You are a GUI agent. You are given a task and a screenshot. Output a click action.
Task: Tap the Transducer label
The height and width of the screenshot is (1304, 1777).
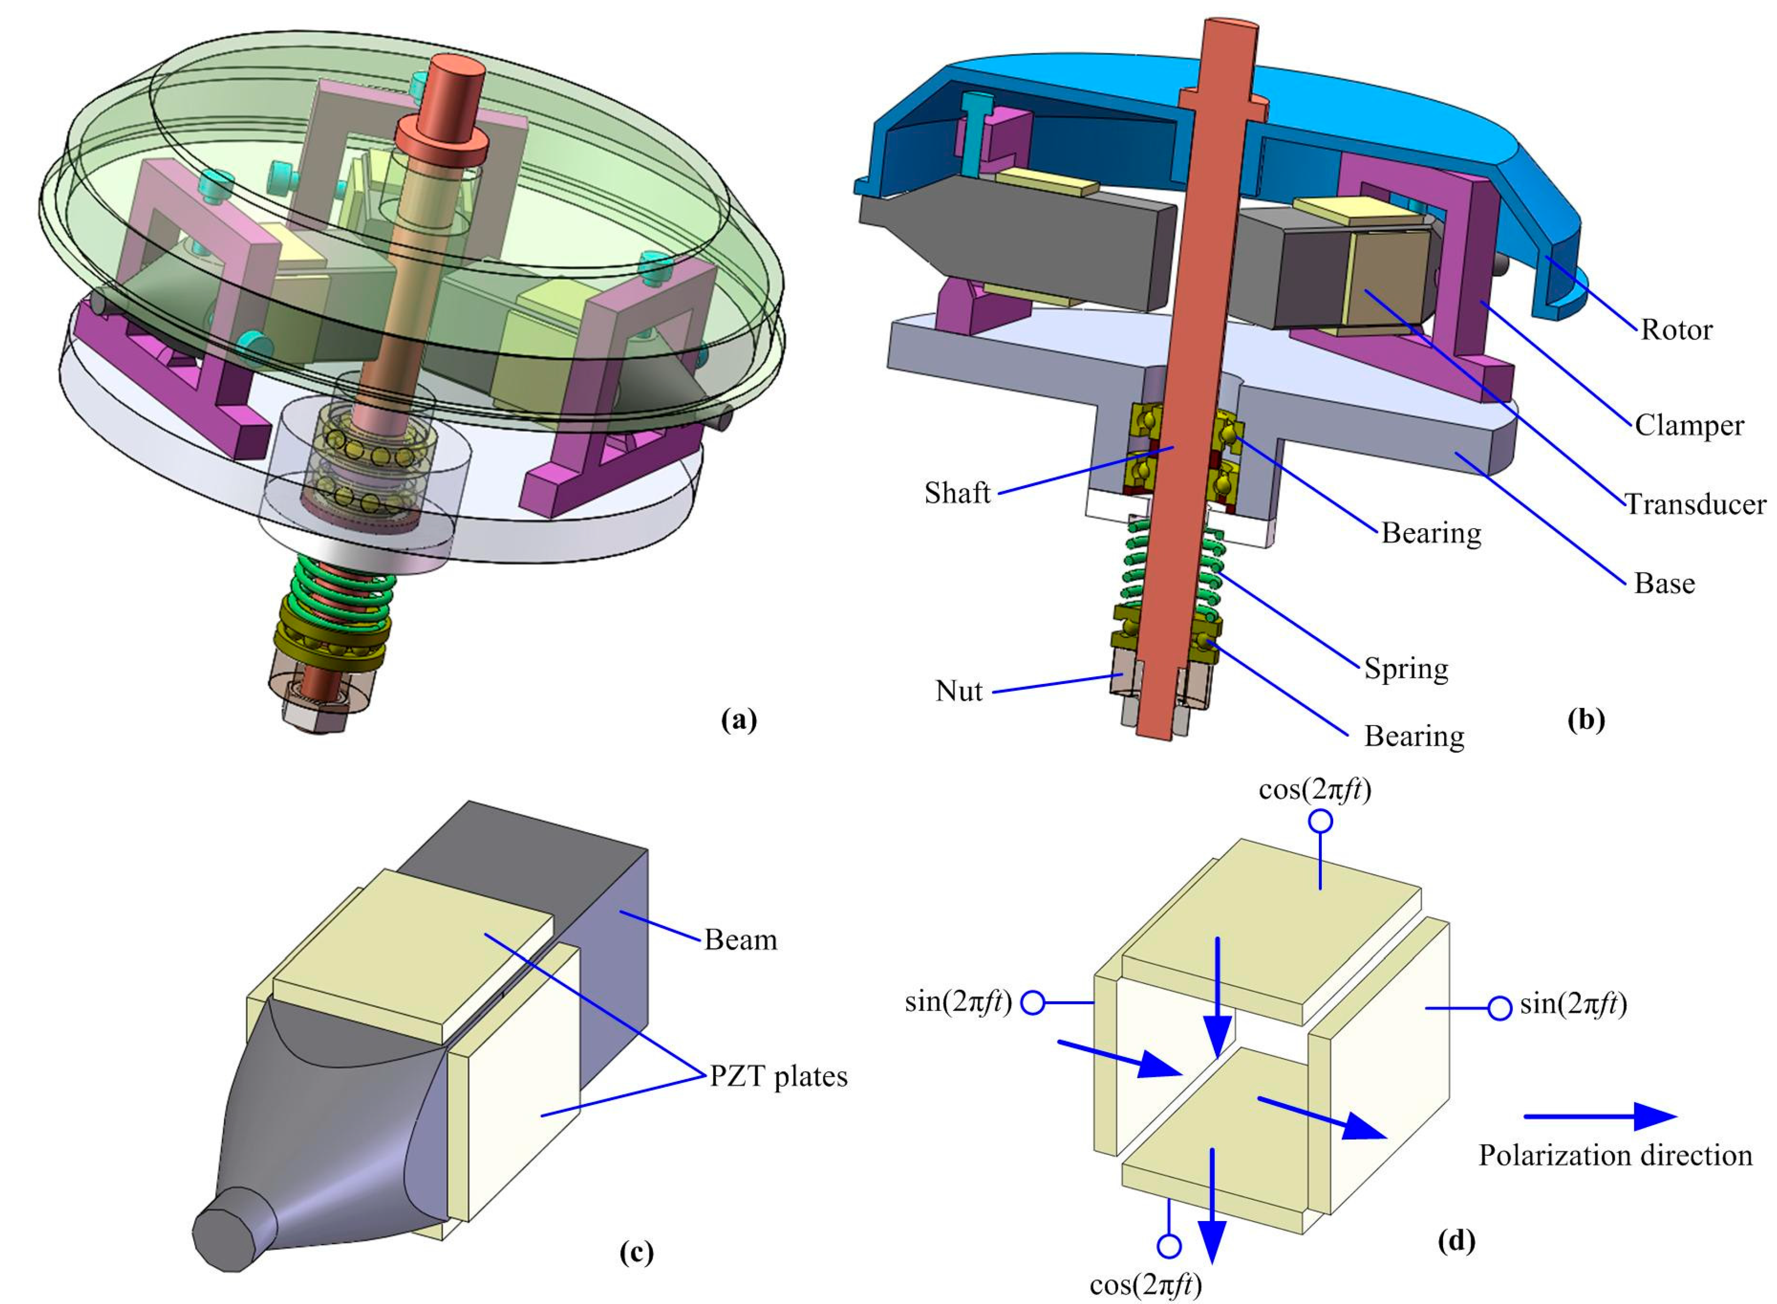pos(1695,504)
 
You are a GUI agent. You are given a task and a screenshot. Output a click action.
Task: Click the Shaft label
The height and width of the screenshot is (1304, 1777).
pos(957,493)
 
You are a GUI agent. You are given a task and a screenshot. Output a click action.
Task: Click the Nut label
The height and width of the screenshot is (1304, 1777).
pos(958,692)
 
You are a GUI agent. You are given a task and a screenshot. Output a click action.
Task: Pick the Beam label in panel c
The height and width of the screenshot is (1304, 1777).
pos(740,940)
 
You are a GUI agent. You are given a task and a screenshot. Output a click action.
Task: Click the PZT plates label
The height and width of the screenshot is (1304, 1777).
pos(778,1076)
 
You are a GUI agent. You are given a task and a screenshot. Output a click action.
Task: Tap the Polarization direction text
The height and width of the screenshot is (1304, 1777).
pos(1614,1156)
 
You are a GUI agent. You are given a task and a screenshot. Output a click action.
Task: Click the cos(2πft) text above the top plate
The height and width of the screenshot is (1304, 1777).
pos(1315,790)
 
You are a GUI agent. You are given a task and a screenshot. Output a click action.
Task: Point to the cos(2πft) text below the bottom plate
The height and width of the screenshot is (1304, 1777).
pos(1146,1286)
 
